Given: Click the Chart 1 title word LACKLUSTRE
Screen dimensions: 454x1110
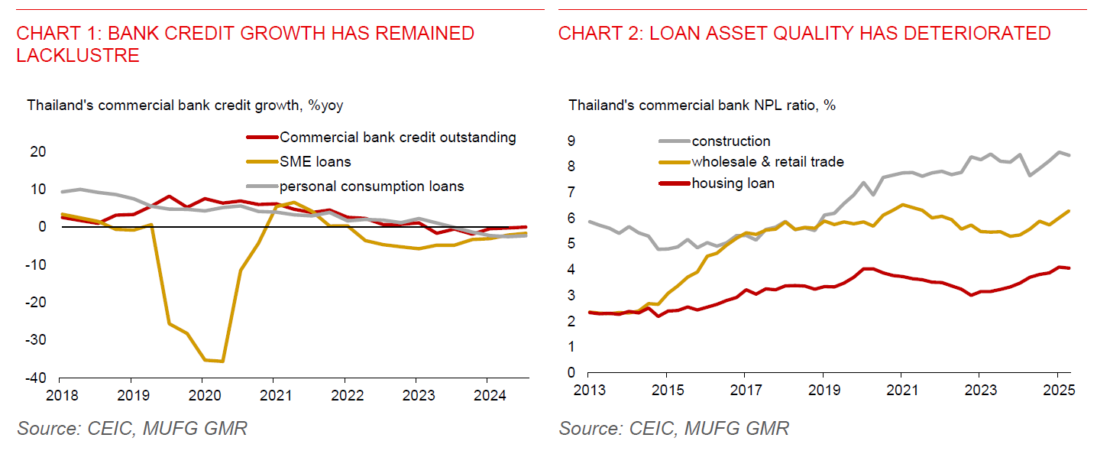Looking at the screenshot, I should pos(78,55).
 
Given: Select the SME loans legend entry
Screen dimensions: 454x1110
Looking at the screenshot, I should pos(315,162).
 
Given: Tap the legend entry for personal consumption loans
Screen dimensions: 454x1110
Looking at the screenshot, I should pos(371,186).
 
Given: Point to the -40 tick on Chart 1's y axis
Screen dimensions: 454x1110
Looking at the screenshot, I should pos(35,378).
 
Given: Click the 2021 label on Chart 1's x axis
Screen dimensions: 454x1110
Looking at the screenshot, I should pos(273,396).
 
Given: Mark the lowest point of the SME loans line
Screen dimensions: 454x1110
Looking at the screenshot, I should pos(222,361).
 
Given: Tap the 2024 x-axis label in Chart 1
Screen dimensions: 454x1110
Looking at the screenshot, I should pos(487,396).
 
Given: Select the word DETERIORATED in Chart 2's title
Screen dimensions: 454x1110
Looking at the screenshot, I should pos(966,33).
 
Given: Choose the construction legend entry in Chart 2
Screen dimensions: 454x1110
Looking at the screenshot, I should pos(730,141).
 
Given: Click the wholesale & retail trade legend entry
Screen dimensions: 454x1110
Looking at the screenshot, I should pos(767,162).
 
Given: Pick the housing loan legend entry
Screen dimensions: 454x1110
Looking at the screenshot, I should pos(733,183).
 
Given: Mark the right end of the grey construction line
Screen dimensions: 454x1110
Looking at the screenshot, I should pos(1069,155).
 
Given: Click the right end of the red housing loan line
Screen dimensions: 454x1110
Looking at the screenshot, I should pos(1069,268).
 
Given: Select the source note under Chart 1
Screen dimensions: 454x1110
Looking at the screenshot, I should pos(132,428).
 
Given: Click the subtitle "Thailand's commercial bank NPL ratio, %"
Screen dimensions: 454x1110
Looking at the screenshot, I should pos(701,105).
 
